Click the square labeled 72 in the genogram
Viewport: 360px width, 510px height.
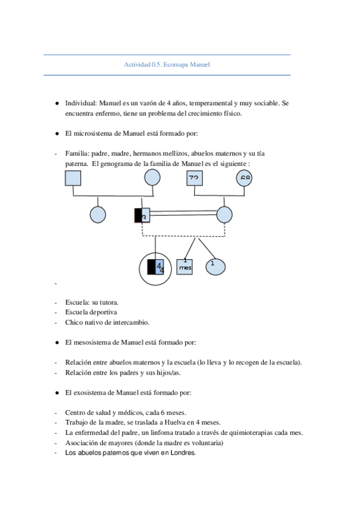pyautogui.click(x=194, y=177)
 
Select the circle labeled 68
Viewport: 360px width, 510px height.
pyautogui.click(x=245, y=177)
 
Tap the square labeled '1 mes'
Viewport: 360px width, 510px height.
pyautogui.click(x=185, y=266)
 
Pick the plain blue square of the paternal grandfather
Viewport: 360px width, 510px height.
pyautogui.click(x=73, y=178)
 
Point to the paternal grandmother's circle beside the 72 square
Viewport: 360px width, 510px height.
pyautogui.click(x=153, y=177)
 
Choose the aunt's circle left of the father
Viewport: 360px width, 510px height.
pyautogui.click(x=97, y=214)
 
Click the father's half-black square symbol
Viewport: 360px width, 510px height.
pyautogui.click(x=142, y=215)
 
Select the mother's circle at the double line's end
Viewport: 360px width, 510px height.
pyautogui.click(x=224, y=214)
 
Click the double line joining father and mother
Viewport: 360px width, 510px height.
pyautogui.click(x=183, y=213)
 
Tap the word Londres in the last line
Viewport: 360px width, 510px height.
pyautogui.click(x=183, y=453)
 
